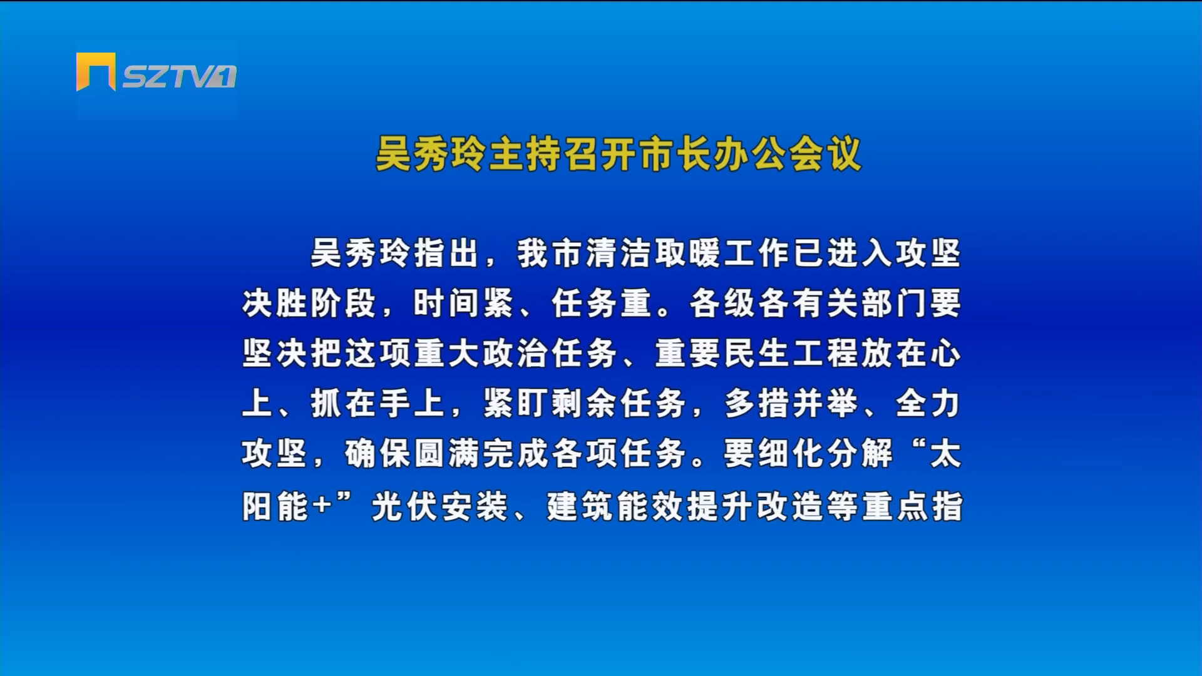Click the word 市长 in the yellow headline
[x=675, y=154]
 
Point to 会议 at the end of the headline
[x=825, y=154]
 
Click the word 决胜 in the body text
[x=275, y=304]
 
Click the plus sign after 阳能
[x=323, y=504]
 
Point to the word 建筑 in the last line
[x=580, y=506]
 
